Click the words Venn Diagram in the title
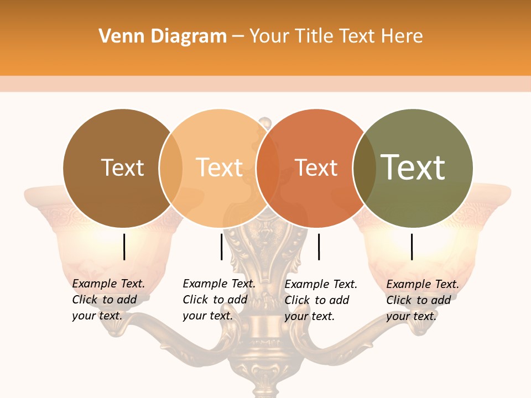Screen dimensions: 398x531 click(163, 36)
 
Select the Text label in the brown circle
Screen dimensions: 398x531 click(122, 168)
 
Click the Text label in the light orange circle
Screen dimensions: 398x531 click(220, 168)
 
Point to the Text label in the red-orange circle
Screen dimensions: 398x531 click(316, 168)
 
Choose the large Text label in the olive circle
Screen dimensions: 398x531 click(413, 167)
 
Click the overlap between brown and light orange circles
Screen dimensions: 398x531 click(171, 168)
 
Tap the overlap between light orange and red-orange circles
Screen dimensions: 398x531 click(268, 168)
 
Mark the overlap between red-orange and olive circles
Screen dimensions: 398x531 click(364, 168)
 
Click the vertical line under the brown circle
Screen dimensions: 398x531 click(124, 247)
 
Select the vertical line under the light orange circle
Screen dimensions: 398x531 click(221, 247)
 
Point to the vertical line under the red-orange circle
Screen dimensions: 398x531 click(319, 247)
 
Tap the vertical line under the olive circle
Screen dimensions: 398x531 click(412, 247)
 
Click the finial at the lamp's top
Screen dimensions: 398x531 click(265, 122)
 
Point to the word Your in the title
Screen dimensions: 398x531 click(270, 36)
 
